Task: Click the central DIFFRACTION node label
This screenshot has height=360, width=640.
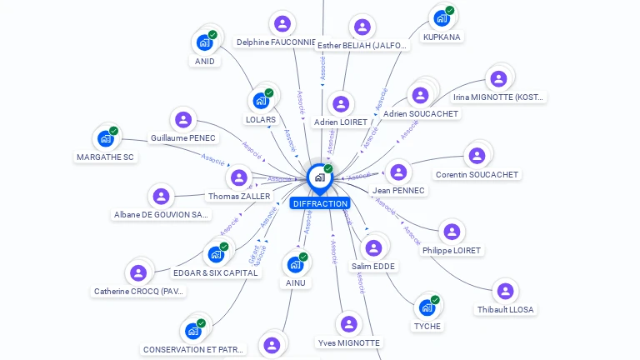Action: (320, 203)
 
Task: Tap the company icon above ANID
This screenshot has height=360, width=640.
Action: (205, 42)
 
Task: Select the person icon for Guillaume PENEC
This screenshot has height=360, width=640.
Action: (183, 120)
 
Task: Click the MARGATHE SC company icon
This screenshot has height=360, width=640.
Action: (106, 138)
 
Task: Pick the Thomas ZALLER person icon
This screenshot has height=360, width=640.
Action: (239, 177)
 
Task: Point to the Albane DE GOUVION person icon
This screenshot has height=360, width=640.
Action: (161, 197)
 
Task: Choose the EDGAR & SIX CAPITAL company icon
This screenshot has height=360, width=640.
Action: (216, 253)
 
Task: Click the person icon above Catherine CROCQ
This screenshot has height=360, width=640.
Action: (138, 272)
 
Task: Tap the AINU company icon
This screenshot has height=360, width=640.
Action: (295, 264)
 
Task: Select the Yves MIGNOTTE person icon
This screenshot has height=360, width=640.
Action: (348, 324)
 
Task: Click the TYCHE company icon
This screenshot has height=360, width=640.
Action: (427, 307)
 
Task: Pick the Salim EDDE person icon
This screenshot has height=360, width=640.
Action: (373, 247)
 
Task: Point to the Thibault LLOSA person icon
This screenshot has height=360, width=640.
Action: (505, 291)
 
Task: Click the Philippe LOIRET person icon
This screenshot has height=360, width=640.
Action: (451, 232)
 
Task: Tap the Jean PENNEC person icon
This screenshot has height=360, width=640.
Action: (398, 172)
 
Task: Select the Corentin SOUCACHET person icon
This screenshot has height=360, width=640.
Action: (477, 156)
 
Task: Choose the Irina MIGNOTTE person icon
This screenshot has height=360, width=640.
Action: (498, 79)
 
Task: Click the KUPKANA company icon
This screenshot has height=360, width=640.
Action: (442, 18)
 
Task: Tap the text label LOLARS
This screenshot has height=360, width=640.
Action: (261, 119)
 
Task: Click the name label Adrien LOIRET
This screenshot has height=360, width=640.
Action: (340, 122)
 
